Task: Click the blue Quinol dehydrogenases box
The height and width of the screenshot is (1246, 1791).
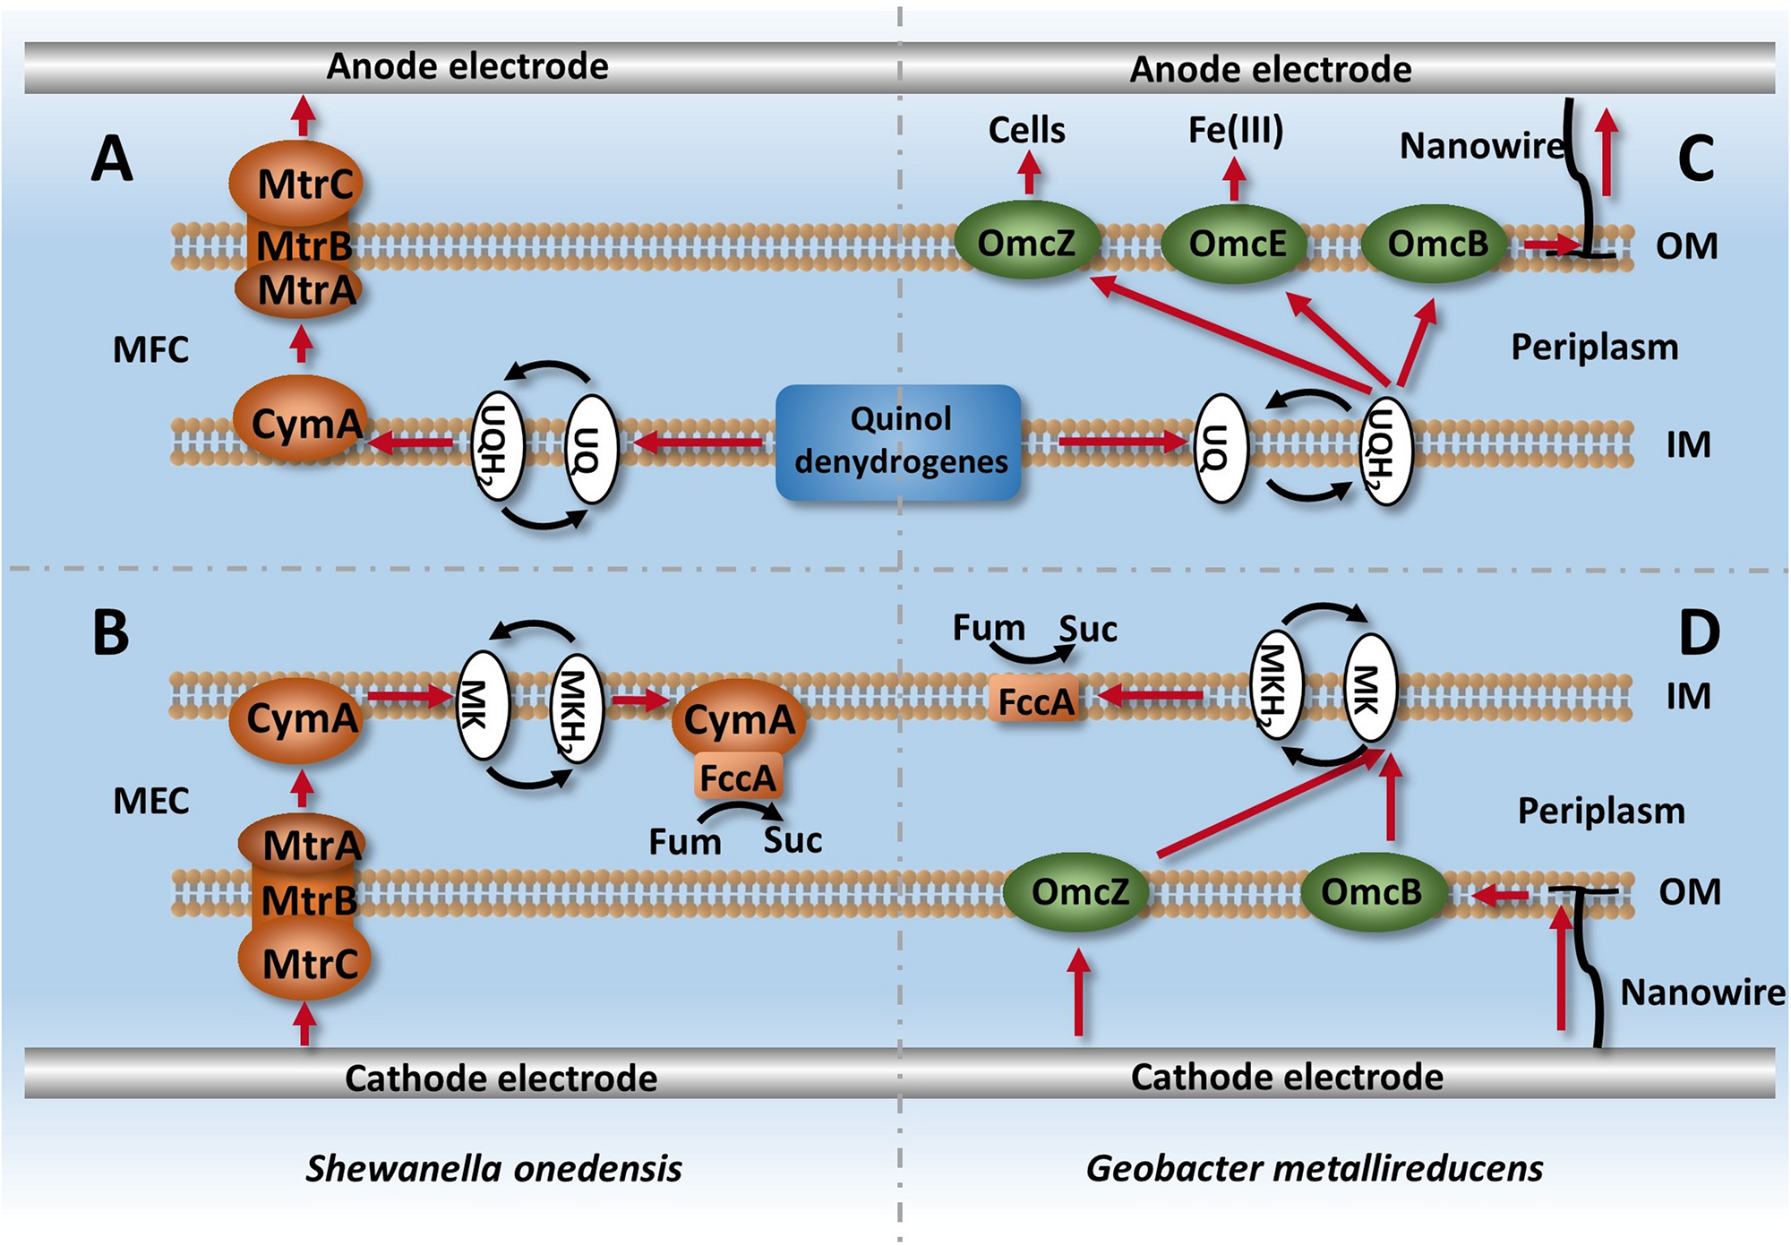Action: (898, 442)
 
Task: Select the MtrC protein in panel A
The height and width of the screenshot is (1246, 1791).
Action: (298, 183)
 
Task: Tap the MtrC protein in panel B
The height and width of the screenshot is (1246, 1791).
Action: (304, 964)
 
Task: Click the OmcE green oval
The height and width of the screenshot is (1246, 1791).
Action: (1236, 243)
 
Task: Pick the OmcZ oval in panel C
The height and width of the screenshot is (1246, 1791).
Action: (1026, 242)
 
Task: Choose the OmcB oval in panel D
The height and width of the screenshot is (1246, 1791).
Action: (1371, 891)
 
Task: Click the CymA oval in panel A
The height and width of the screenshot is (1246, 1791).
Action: (302, 422)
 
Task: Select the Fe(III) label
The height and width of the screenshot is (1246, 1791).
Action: (1236, 131)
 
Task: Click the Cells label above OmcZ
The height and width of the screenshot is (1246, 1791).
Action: (1026, 131)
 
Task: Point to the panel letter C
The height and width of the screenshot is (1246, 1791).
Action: (1695, 159)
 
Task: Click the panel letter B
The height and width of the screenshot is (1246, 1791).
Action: (111, 632)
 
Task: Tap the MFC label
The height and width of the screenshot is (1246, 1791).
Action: (150, 349)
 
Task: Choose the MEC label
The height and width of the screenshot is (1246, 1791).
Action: (150, 801)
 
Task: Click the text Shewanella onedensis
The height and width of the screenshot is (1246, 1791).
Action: (493, 1168)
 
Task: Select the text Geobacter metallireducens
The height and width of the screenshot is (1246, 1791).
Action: (1314, 1168)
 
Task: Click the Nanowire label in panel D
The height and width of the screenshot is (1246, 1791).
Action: (1701, 992)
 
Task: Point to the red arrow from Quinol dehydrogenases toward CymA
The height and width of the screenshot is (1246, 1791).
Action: (698, 442)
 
